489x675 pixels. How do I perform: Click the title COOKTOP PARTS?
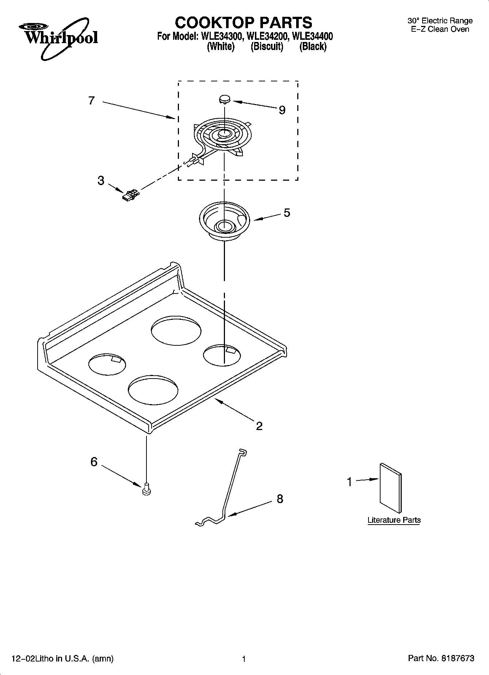pyautogui.click(x=243, y=23)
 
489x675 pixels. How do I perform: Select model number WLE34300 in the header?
pyautogui.click(x=220, y=37)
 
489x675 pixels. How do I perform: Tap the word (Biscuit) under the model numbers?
pyautogui.click(x=267, y=47)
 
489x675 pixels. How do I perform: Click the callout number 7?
pyautogui.click(x=92, y=100)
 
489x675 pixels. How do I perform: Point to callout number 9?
pyautogui.click(x=282, y=110)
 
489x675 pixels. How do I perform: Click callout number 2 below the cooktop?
pyautogui.click(x=259, y=426)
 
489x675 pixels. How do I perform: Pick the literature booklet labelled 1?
pyautogui.click(x=390, y=488)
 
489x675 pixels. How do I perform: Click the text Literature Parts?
pyautogui.click(x=394, y=520)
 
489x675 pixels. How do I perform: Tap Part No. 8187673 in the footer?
pyautogui.click(x=441, y=659)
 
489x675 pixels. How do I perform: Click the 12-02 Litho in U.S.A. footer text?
pyautogui.click(x=63, y=659)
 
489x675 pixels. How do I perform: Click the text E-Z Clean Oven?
pyautogui.click(x=440, y=30)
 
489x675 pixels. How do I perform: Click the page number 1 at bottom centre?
pyautogui.click(x=244, y=659)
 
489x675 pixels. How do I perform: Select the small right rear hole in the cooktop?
pyautogui.click(x=222, y=354)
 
